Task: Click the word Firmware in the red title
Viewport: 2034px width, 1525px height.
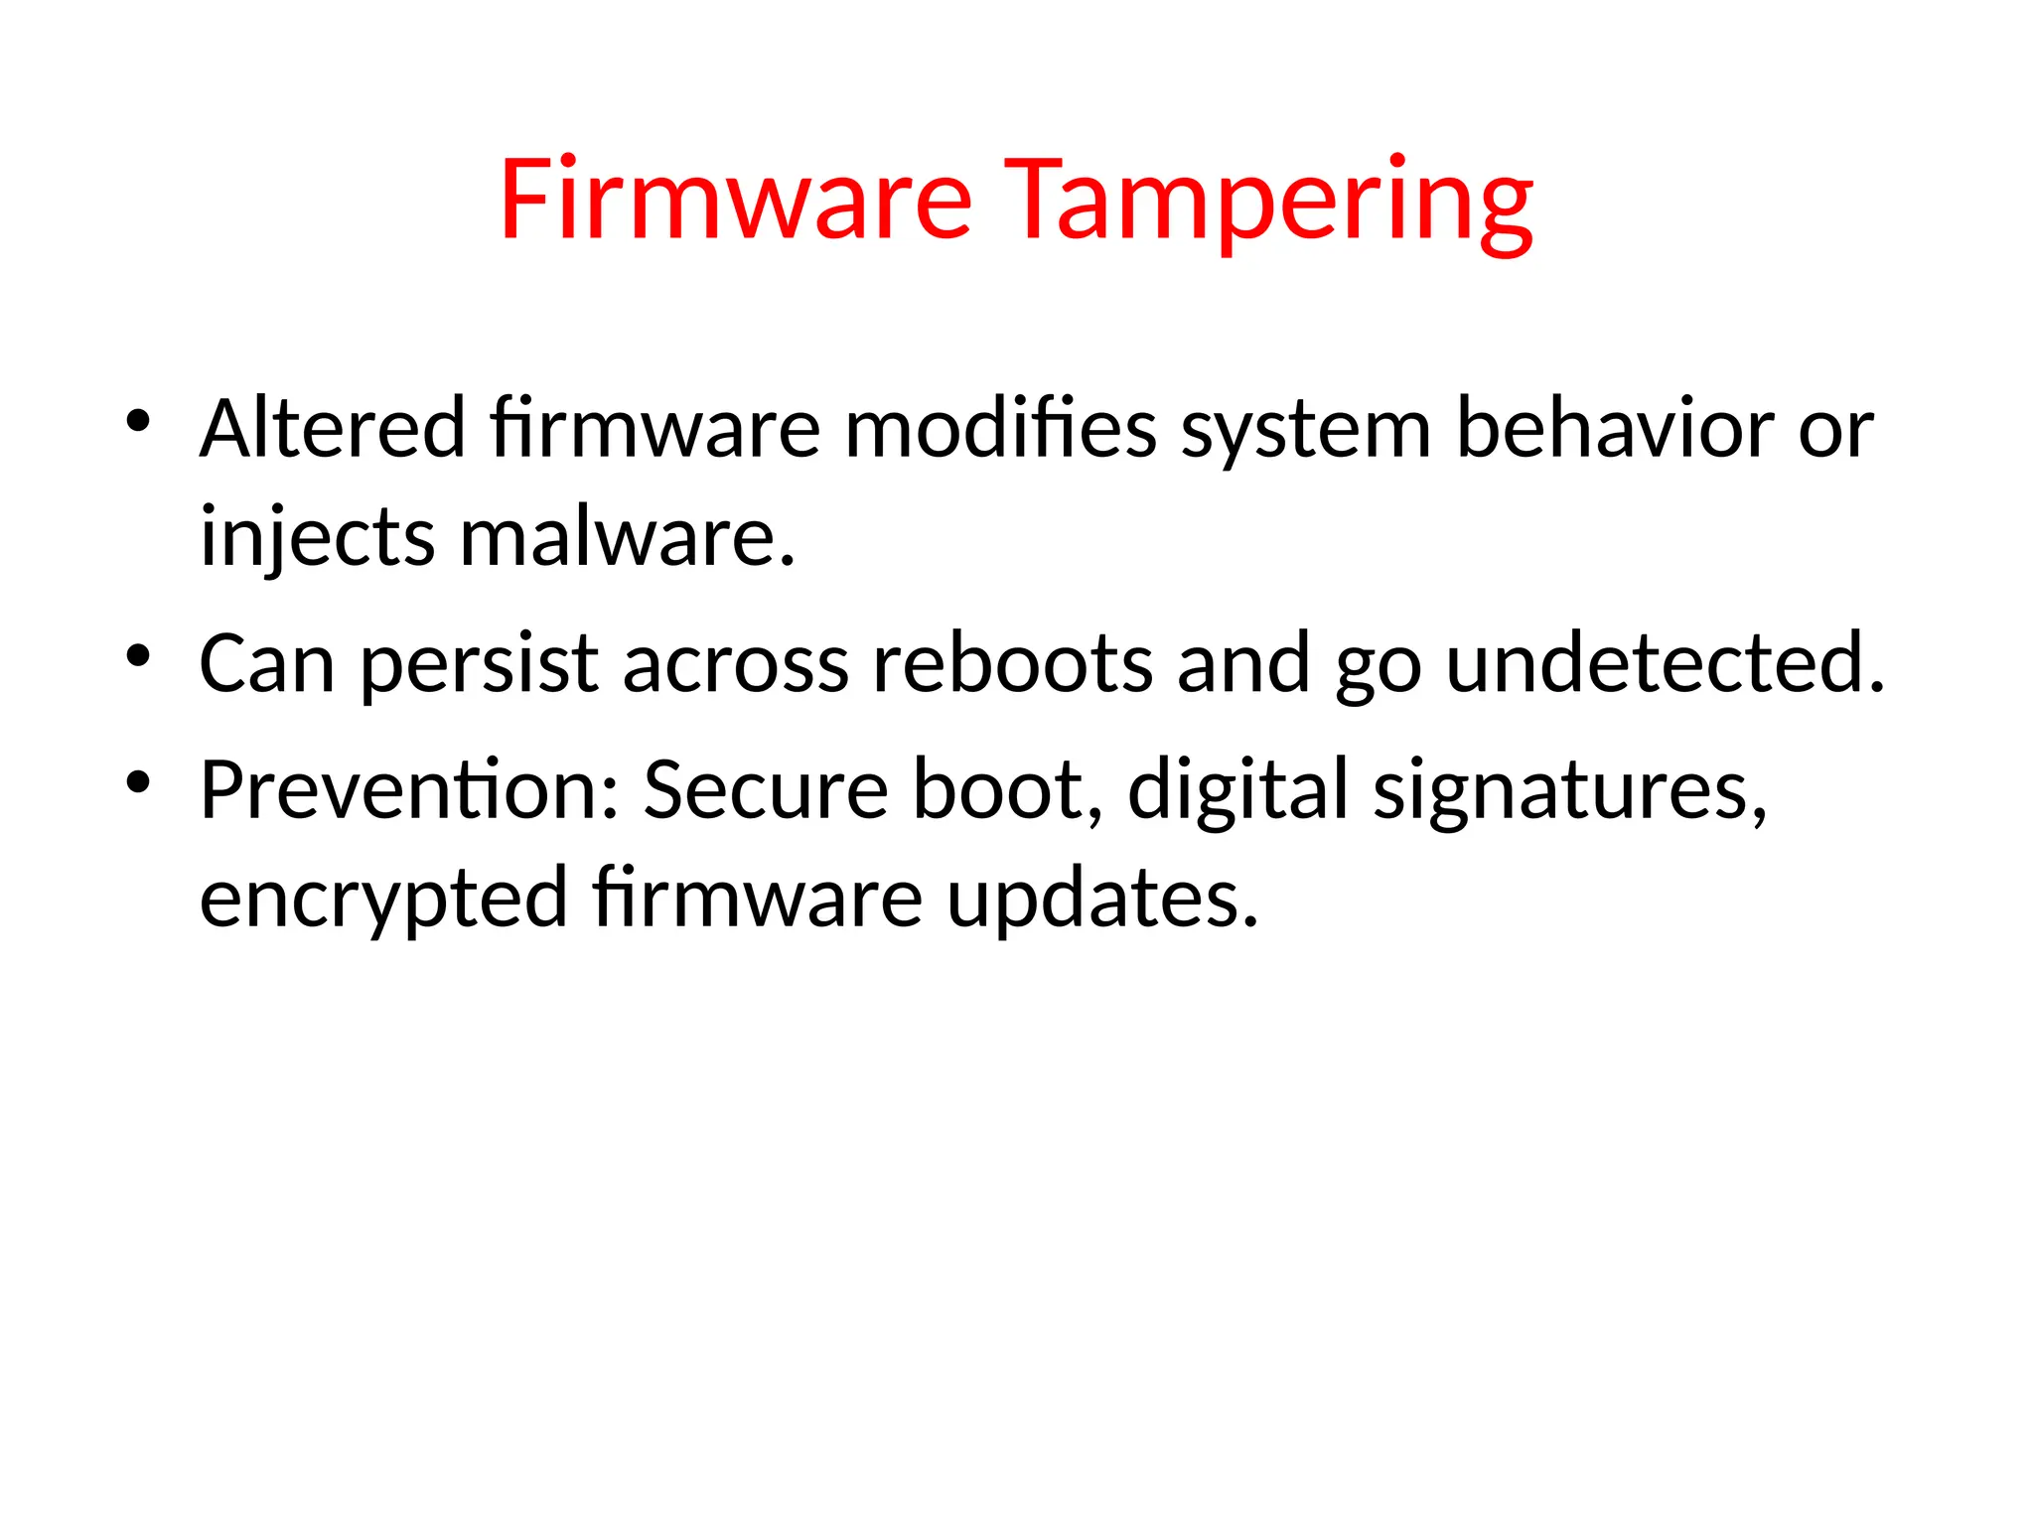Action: point(735,201)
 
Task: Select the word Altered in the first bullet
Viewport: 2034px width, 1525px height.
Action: point(333,429)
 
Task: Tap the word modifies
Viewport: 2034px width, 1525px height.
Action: point(1000,429)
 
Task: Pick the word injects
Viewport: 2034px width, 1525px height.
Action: point(318,537)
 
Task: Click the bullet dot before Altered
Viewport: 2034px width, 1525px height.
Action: point(138,421)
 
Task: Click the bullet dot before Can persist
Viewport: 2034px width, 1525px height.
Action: point(138,655)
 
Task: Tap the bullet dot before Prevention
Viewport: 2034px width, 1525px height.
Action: point(138,782)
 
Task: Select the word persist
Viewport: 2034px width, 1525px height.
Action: point(479,663)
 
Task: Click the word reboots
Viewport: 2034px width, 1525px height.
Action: point(1013,663)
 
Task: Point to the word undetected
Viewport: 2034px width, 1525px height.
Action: point(1665,663)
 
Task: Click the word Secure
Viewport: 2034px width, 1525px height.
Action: point(766,790)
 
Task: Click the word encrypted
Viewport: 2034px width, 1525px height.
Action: point(383,899)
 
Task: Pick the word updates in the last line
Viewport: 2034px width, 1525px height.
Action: point(1101,899)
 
